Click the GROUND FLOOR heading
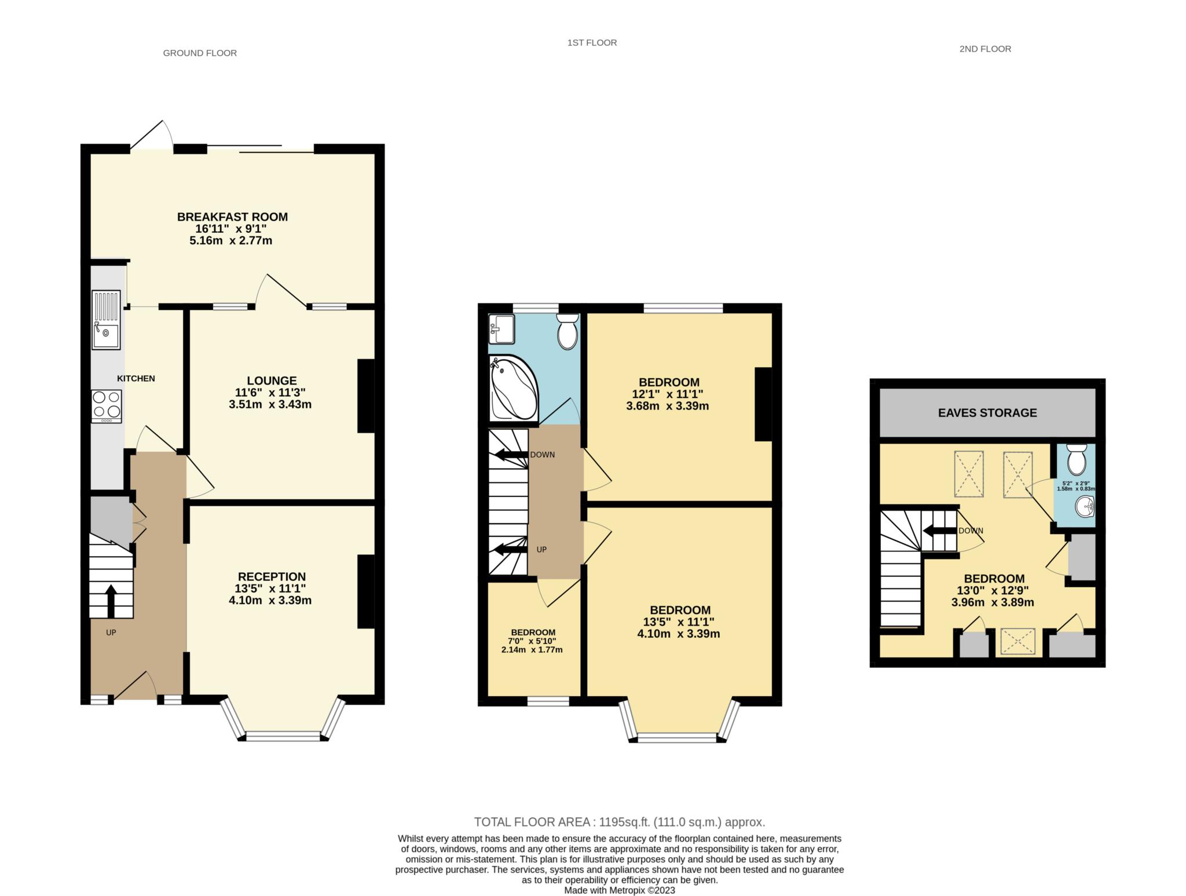point(200,53)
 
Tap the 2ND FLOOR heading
point(985,49)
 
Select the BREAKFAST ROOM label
point(232,217)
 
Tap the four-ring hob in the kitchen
point(107,406)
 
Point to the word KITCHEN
point(136,379)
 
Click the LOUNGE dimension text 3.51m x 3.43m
point(270,404)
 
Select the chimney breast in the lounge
point(366,396)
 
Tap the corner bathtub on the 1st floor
point(514,388)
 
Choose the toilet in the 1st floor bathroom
point(568,331)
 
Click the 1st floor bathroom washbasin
point(502,329)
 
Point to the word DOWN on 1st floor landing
point(543,455)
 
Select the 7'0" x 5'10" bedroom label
point(532,641)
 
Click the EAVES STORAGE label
point(987,413)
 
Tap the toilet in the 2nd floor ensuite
point(1077,459)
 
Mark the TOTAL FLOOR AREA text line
point(620,822)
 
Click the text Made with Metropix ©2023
point(620,890)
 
